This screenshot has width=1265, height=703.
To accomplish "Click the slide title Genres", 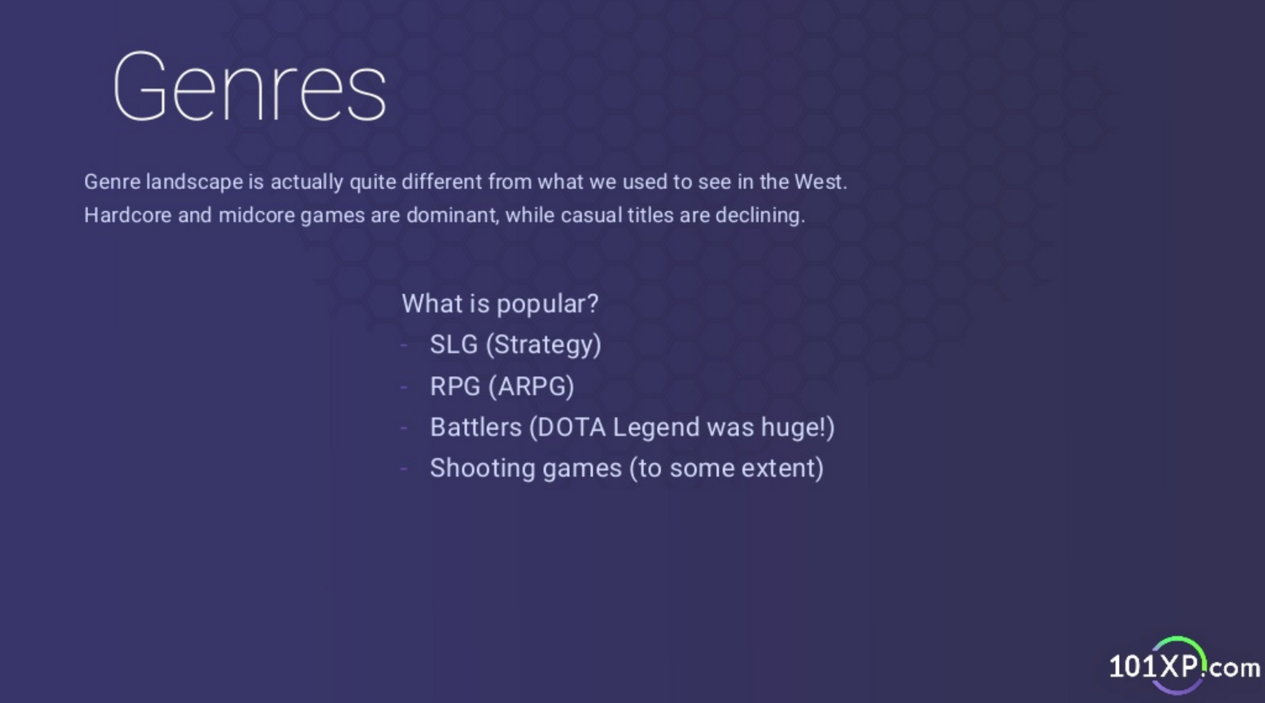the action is point(249,87).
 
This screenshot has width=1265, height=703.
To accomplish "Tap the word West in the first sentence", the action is point(821,182).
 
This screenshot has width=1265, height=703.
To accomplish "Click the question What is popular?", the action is point(500,304).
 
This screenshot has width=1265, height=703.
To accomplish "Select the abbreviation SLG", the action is point(454,345).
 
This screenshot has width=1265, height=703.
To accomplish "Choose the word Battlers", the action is point(476,428).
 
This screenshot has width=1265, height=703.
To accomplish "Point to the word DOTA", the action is point(567,428).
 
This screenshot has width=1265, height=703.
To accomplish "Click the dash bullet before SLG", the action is point(404,345).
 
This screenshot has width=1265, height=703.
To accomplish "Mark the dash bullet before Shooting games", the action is point(404,469).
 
